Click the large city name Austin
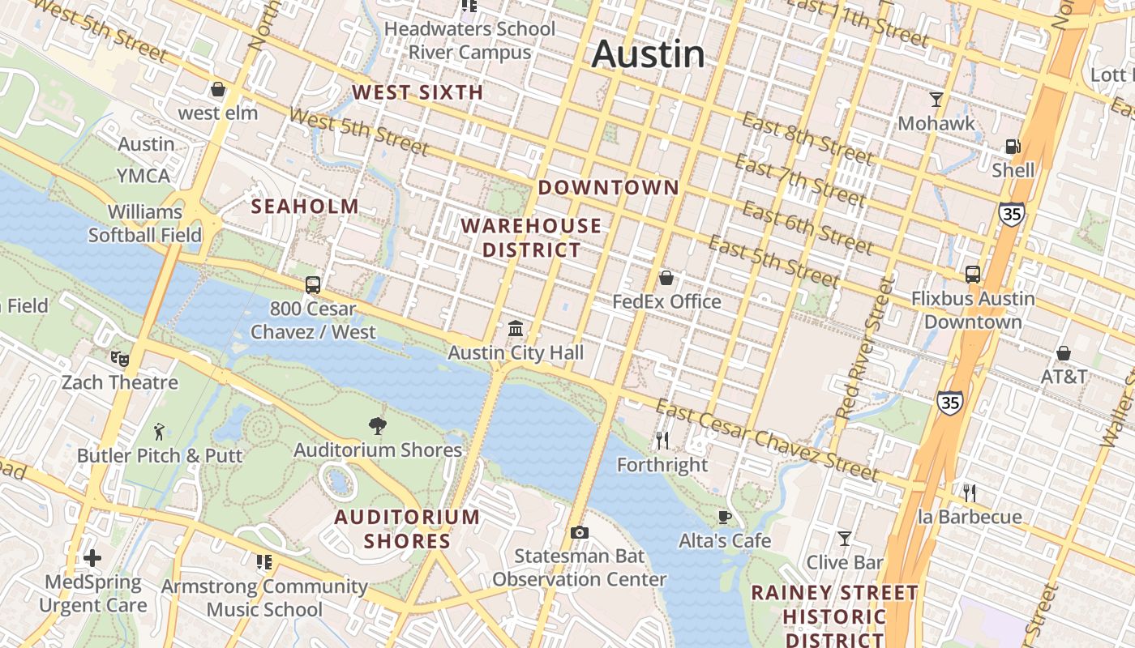[648, 54]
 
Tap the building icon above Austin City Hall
[516, 328]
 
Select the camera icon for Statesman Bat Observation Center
[579, 532]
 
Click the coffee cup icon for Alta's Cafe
[725, 517]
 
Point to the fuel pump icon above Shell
[1013, 147]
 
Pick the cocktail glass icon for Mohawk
[936, 100]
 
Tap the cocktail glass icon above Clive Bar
[844, 539]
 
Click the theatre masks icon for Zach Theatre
[120, 357]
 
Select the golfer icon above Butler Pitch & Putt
[159, 432]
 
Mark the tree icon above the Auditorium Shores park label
[377, 425]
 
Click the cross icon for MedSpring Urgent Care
[92, 558]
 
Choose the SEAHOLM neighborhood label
[305, 207]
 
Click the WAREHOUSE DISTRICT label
[532, 237]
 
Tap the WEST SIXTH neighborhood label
[418, 92]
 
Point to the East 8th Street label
[807, 139]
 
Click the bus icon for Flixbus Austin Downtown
[973, 275]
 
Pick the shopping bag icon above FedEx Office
[666, 279]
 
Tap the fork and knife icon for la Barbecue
[969, 492]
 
